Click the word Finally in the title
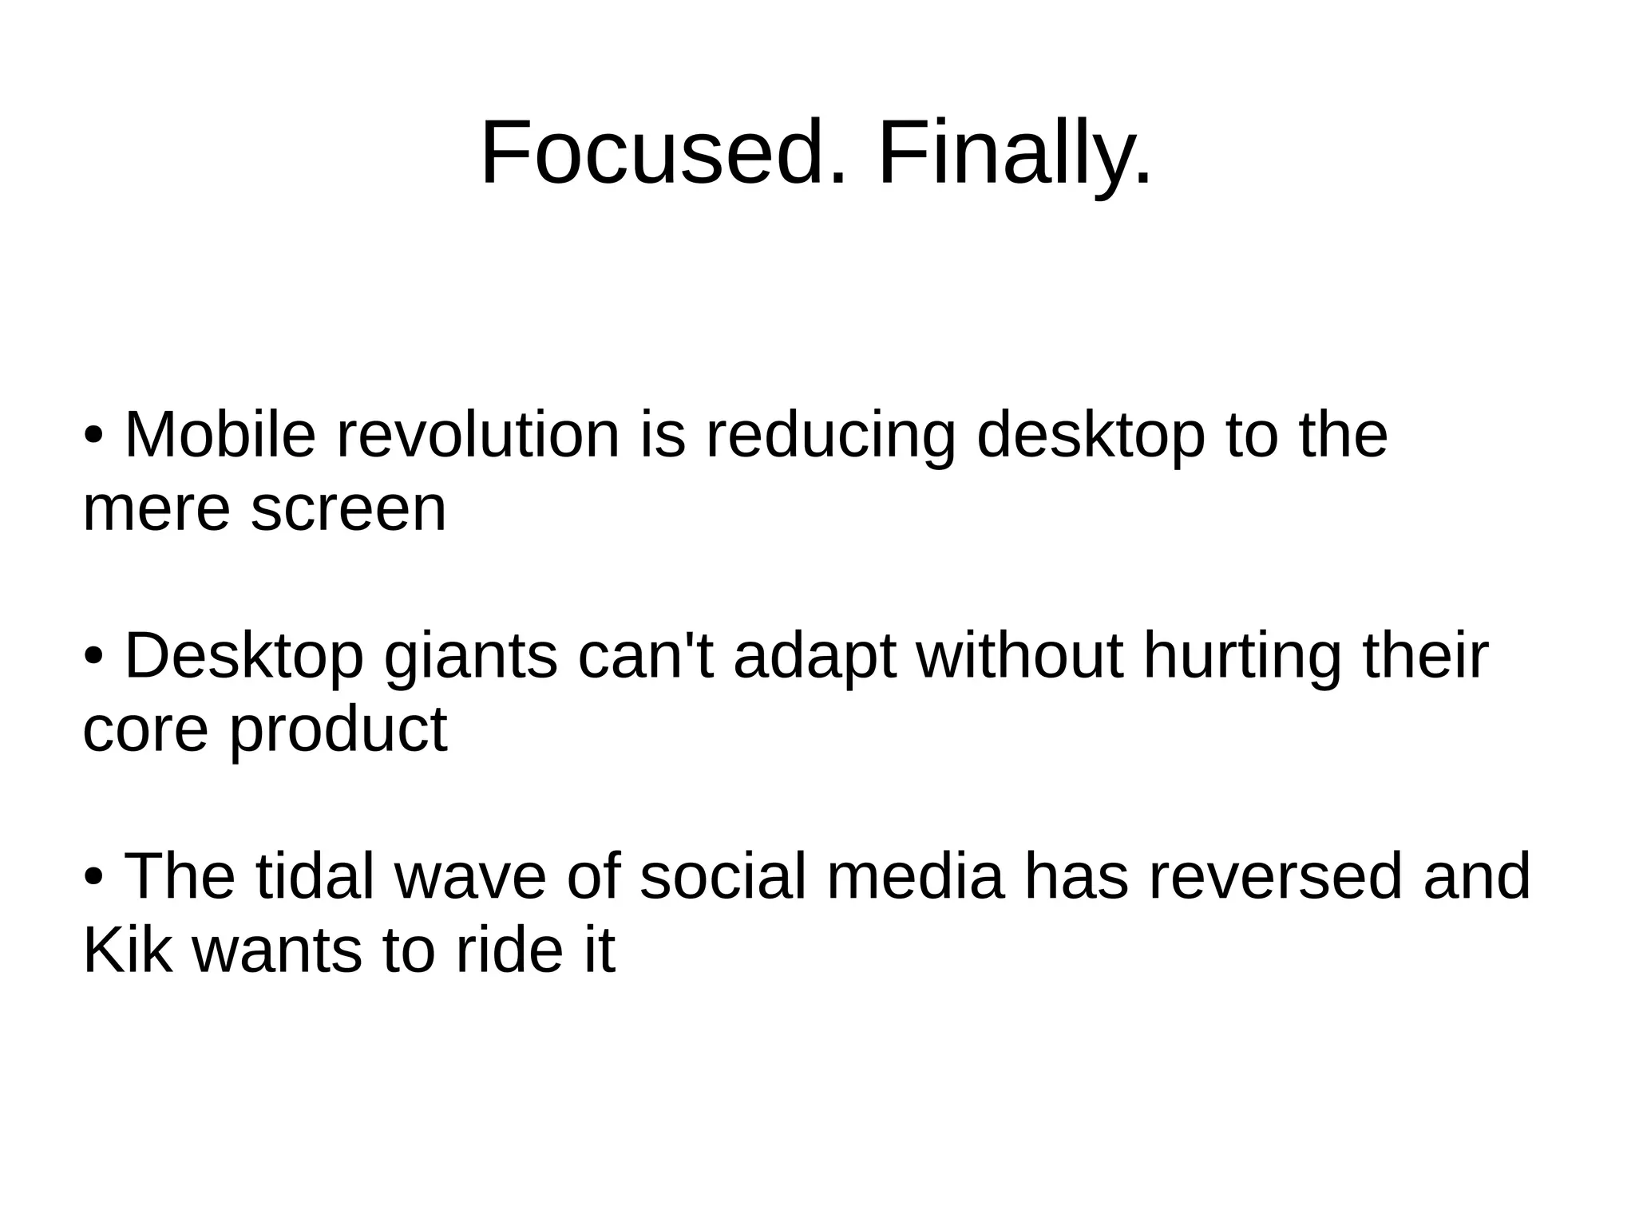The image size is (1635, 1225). (x=1014, y=153)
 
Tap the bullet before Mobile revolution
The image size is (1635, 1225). (x=93, y=437)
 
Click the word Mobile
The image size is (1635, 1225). (x=220, y=436)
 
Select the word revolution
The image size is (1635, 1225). (x=477, y=436)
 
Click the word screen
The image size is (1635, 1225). (x=348, y=511)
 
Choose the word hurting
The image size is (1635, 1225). (x=1241, y=656)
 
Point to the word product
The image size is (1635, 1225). (x=338, y=731)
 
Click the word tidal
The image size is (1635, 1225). (x=315, y=876)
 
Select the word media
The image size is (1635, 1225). (x=914, y=876)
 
